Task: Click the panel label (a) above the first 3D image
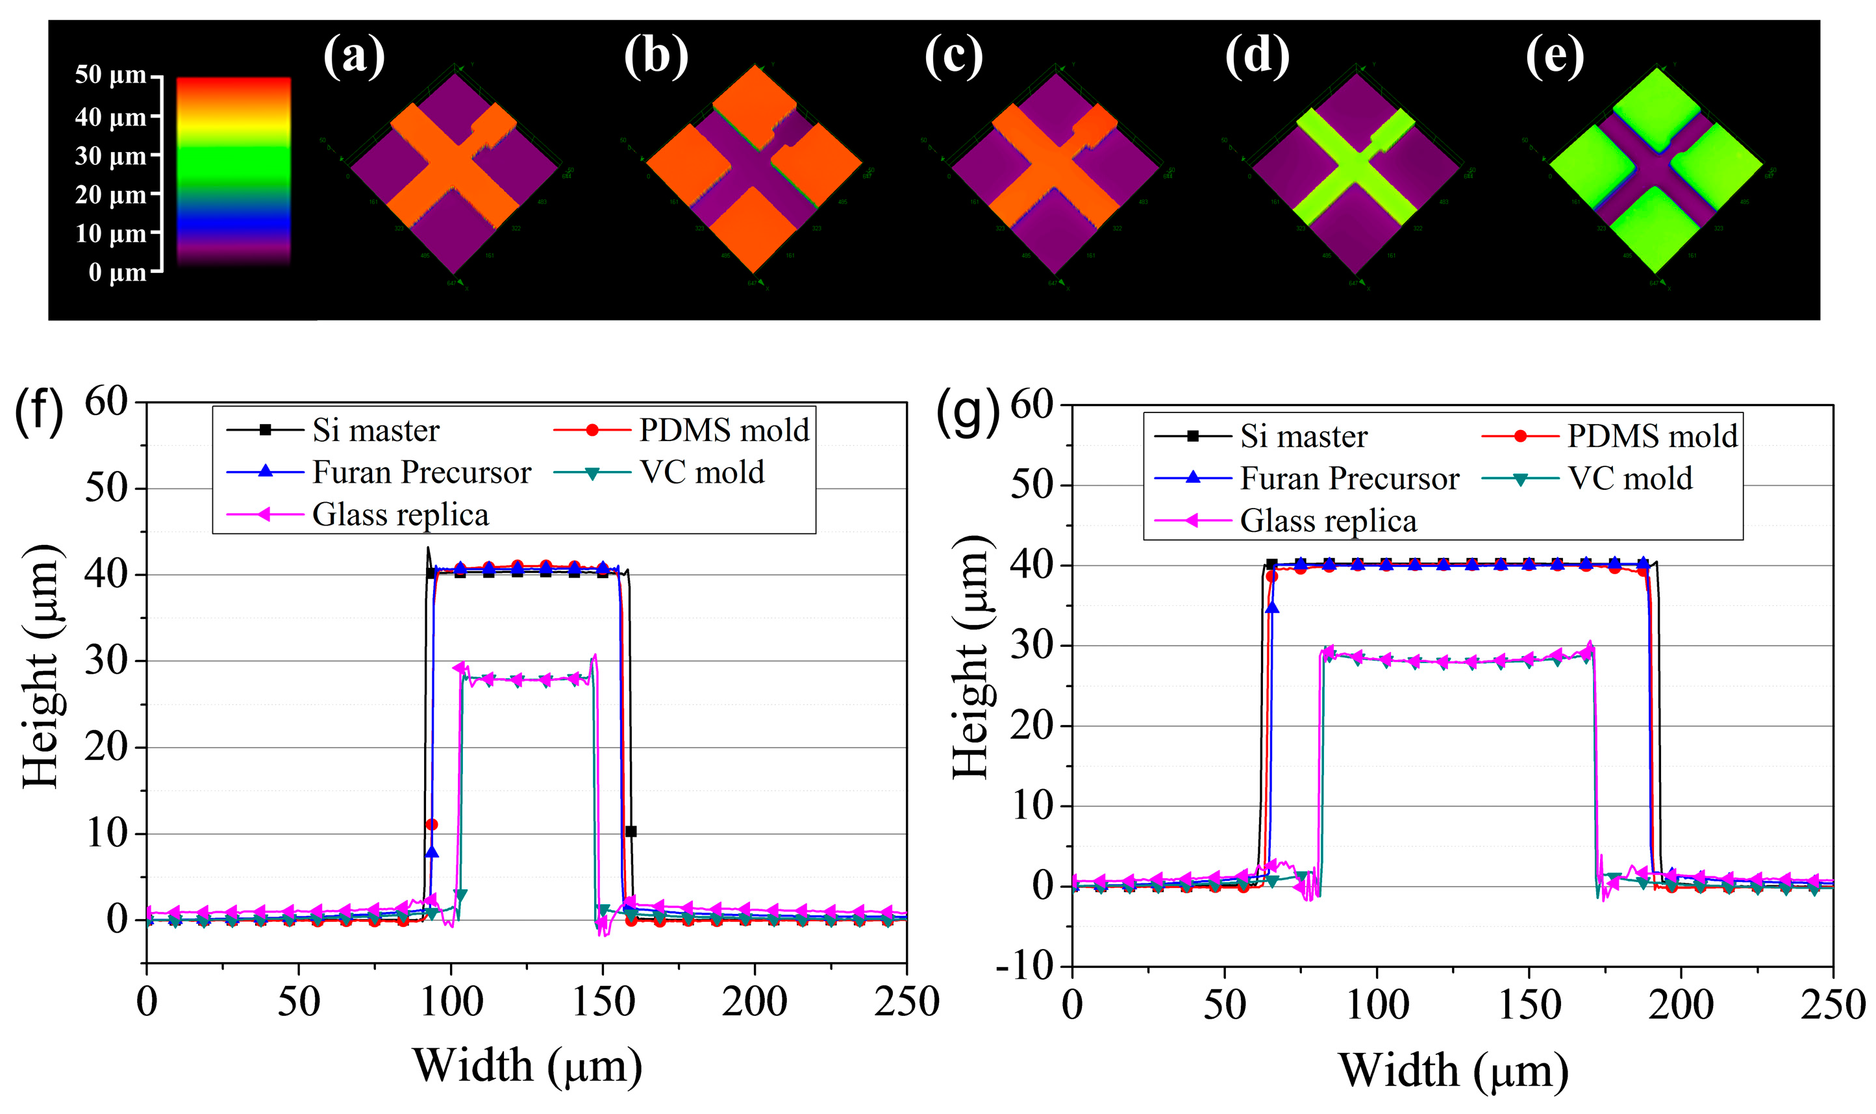353,56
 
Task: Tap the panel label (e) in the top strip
1555,56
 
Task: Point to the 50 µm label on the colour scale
110,75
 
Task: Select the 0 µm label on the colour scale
117,271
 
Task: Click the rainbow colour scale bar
233,171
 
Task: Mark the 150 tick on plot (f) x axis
603,1002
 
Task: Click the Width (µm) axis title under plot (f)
527,1066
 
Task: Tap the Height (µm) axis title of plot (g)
973,657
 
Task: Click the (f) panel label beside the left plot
39,413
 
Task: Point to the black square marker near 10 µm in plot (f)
631,831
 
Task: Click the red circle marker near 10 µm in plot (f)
431,825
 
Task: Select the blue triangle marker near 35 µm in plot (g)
1271,608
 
